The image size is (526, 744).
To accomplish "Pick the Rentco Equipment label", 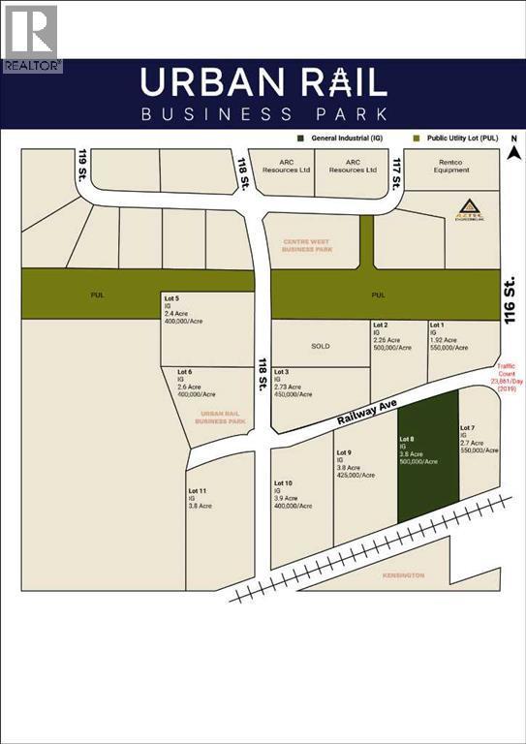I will pyautogui.click(x=450, y=166).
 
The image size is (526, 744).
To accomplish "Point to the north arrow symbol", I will pyautogui.click(x=515, y=149).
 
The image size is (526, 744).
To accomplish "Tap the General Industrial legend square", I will pyautogui.click(x=303, y=139).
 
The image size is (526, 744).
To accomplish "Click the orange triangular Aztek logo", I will pyautogui.click(x=468, y=207).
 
